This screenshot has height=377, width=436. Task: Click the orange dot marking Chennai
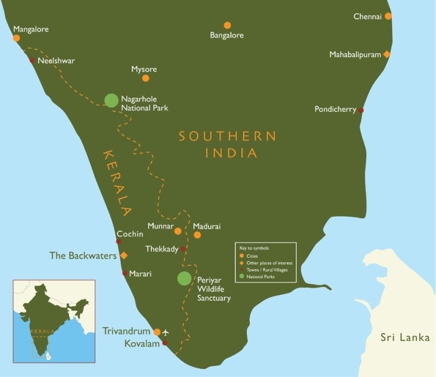388,16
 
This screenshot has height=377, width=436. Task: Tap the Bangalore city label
227,35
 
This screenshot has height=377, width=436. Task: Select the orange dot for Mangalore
16,38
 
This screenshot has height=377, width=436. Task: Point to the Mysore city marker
146,78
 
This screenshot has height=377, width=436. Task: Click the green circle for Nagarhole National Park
111,100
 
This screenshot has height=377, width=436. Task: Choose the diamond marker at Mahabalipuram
387,54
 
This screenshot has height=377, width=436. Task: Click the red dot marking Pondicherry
361,110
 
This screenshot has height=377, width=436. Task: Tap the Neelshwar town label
56,61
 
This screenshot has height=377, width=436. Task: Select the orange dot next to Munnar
178,230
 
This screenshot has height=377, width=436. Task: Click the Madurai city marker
197,235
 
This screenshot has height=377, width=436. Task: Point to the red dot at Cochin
119,242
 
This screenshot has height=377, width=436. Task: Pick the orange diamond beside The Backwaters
124,256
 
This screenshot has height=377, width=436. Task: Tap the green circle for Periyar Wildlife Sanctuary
185,279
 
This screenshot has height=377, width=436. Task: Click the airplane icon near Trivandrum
173,332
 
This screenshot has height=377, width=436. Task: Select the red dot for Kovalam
165,343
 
